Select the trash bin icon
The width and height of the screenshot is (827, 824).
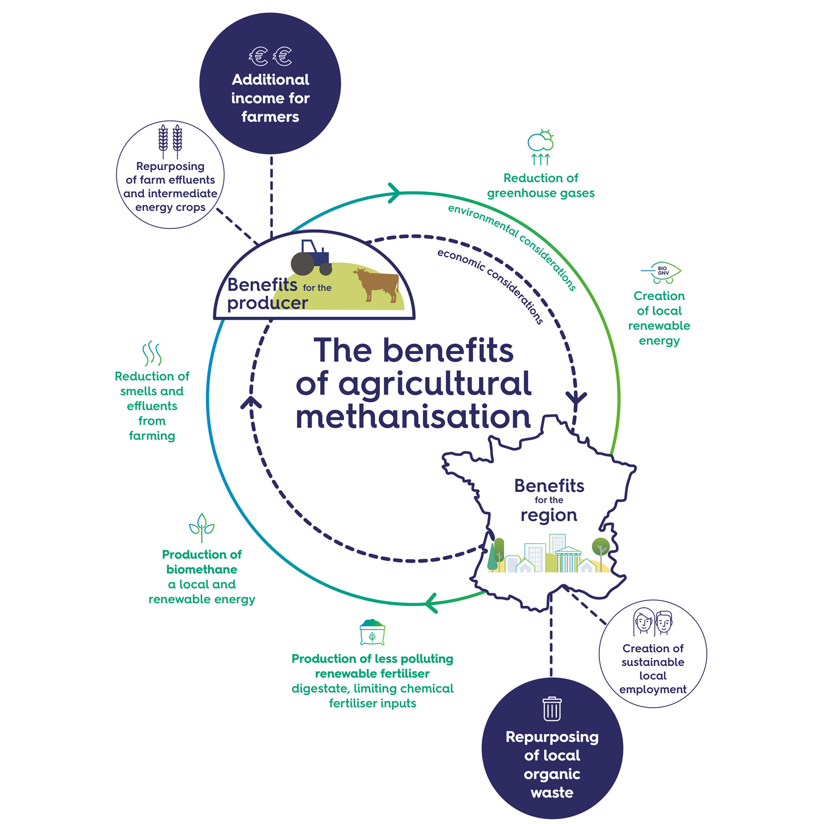click(552, 709)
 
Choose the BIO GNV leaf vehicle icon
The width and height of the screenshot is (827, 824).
click(661, 272)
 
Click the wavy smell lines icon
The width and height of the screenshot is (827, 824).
click(152, 354)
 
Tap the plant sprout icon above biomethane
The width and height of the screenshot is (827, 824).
click(202, 527)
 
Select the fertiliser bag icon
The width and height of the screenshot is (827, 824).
click(372, 632)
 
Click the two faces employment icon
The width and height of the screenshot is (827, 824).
click(653, 623)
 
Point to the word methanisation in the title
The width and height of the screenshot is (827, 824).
click(413, 417)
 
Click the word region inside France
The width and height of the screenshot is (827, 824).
click(549, 516)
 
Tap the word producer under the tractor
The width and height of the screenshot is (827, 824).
click(267, 303)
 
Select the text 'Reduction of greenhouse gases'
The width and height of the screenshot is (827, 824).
click(541, 185)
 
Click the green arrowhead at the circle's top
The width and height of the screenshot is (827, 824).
click(394, 192)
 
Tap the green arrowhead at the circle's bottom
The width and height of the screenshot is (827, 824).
click(431, 603)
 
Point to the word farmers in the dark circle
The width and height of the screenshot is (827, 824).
click(270, 117)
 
